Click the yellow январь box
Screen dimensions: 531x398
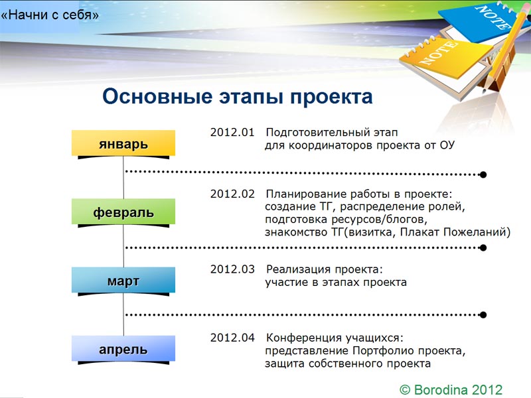tap(123, 143)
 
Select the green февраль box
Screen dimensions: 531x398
tap(123, 211)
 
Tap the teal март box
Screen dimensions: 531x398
tap(123, 280)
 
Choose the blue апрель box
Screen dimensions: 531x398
tap(123, 348)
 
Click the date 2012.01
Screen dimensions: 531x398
tap(232, 132)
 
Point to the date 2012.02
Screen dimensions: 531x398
tap(232, 194)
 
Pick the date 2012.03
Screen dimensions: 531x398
tap(232, 269)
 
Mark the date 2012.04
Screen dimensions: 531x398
tap(232, 338)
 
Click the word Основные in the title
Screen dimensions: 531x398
tap(157, 96)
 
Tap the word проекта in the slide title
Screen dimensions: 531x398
tap(331, 97)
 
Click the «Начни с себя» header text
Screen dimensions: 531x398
tap(50, 15)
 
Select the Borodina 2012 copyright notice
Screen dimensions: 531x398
tap(451, 389)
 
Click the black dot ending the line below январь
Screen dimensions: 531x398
tap(483, 174)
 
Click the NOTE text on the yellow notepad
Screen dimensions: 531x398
tap(439, 52)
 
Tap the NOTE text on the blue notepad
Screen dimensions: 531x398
tap(493, 17)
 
